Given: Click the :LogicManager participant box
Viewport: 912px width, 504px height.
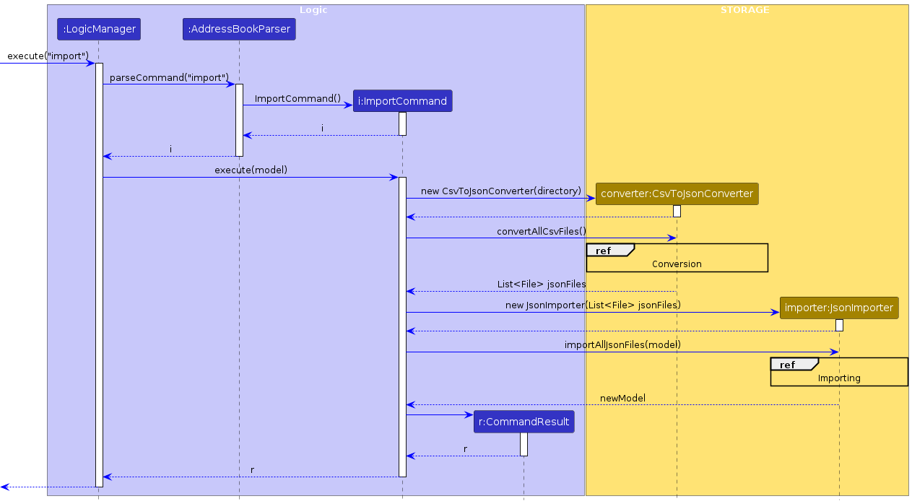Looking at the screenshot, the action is (99, 30).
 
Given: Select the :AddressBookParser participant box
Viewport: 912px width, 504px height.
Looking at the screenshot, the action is (239, 30).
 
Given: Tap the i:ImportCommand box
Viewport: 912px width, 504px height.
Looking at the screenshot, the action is (403, 101).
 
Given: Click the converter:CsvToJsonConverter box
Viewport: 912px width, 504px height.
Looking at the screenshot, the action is (677, 194).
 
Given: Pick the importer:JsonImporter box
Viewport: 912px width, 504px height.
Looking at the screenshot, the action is (839, 308).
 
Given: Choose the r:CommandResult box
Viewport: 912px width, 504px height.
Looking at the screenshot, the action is (524, 422).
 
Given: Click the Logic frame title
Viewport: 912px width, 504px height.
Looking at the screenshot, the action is (313, 10).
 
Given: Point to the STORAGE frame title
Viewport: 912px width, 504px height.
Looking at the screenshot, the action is (745, 10).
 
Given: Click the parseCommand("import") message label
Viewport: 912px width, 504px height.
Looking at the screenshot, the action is (170, 77).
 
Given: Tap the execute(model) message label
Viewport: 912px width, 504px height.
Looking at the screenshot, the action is (251, 170).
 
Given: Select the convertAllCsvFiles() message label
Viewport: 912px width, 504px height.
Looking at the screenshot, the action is (542, 231).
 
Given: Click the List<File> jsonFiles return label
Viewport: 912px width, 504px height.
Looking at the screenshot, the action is (542, 284).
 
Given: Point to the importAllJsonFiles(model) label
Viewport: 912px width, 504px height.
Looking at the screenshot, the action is (622, 345).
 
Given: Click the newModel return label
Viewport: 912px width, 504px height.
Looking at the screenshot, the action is (622, 398).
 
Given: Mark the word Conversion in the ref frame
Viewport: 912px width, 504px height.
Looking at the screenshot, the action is (677, 264).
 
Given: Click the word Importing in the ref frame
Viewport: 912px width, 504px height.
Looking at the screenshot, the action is (839, 378).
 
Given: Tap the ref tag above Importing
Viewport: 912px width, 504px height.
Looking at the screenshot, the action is (787, 365).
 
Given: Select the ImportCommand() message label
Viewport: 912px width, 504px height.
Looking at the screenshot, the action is (298, 98).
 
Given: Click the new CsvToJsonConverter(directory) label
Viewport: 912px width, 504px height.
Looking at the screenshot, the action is (501, 191).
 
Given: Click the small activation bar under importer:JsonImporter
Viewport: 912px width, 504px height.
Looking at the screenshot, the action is (839, 325).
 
